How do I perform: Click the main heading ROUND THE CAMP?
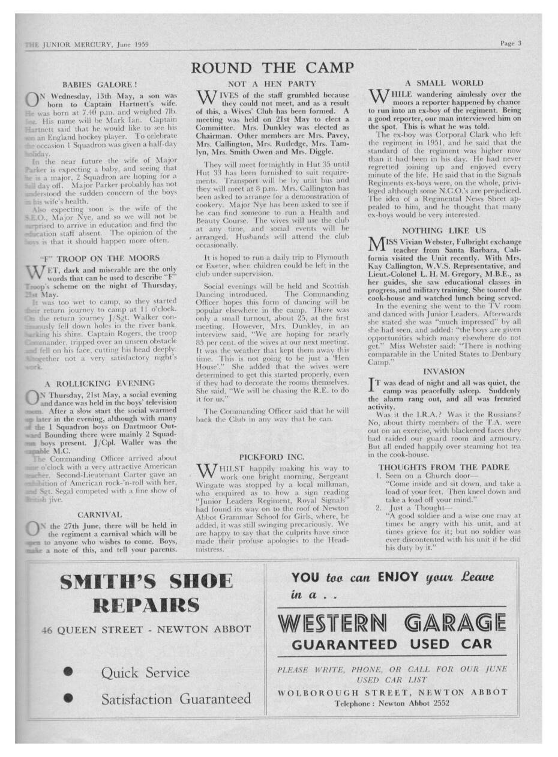[x=272, y=67]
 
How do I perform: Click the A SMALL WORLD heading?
[x=444, y=83]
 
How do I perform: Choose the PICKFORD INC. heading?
[x=272, y=456]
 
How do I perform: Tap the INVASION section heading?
[x=443, y=372]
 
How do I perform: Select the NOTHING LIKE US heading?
[x=443, y=230]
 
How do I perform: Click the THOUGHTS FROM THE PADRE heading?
[x=443, y=466]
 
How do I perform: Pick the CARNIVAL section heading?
[x=100, y=514]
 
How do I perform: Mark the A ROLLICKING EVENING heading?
[x=100, y=383]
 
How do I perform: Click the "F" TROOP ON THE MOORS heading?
[x=100, y=258]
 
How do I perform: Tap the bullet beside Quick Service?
[x=68, y=672]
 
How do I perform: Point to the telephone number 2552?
[x=439, y=704]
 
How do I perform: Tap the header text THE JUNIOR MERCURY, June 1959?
[x=88, y=44]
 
